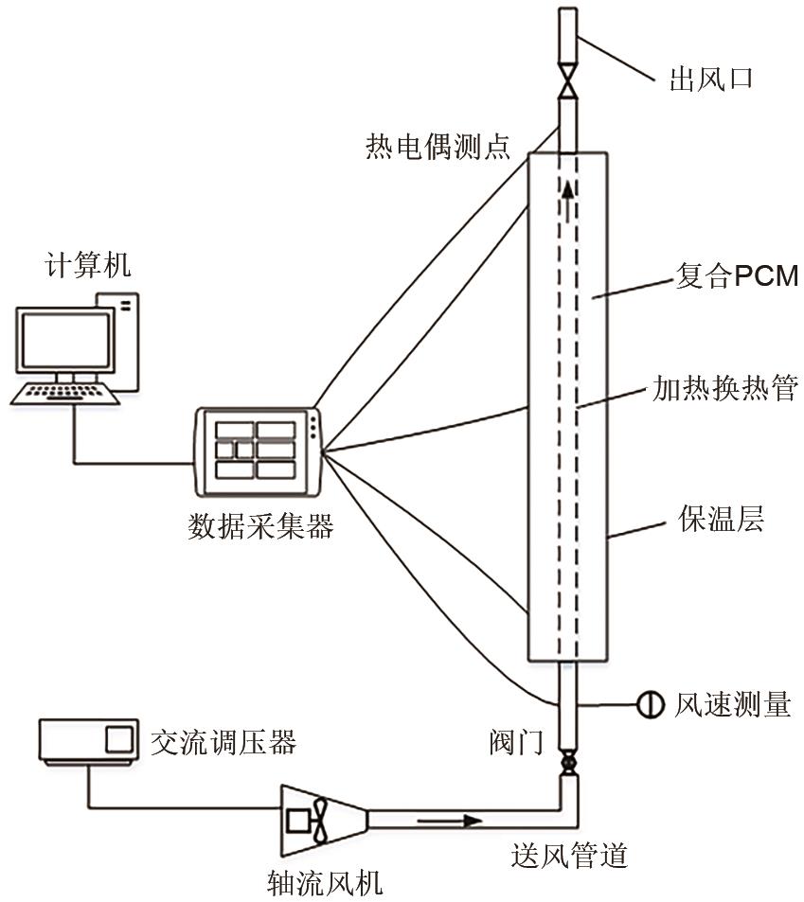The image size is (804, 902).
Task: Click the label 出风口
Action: pos(710,78)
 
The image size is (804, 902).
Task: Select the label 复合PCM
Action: pos(735,277)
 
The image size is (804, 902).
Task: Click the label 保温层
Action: pos(721,520)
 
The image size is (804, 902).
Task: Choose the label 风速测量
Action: pos(732,704)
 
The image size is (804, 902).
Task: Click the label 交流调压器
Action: pos(223,742)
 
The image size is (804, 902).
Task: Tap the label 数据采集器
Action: pos(260,526)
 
